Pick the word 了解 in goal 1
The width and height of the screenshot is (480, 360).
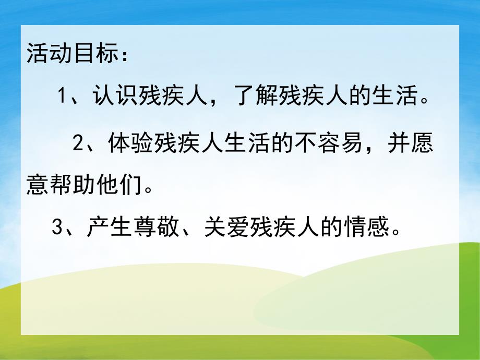tap(242, 97)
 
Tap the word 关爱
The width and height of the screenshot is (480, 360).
tap(224, 227)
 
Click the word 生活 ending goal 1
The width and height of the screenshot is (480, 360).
tap(402, 97)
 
